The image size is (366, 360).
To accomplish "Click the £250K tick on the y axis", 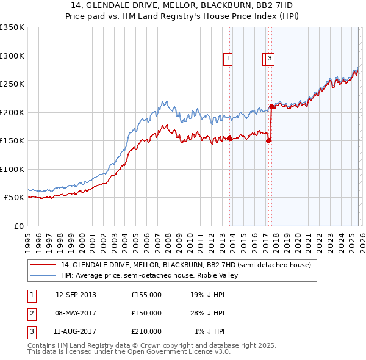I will [12, 84].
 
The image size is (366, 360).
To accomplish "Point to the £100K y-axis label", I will [12, 169].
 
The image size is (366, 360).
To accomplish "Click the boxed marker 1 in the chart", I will [228, 59].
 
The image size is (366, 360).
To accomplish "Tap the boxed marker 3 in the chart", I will [270, 59].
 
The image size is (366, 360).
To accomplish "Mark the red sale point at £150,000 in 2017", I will [268, 140].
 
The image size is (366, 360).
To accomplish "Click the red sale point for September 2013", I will [229, 138].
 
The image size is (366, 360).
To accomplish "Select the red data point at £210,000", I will [271, 106].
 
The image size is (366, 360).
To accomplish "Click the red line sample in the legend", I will [43, 265].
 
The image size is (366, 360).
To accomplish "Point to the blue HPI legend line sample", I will [43, 275].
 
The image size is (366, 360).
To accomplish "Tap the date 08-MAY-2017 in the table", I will [76, 313].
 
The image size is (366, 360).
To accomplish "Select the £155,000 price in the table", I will [146, 295].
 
